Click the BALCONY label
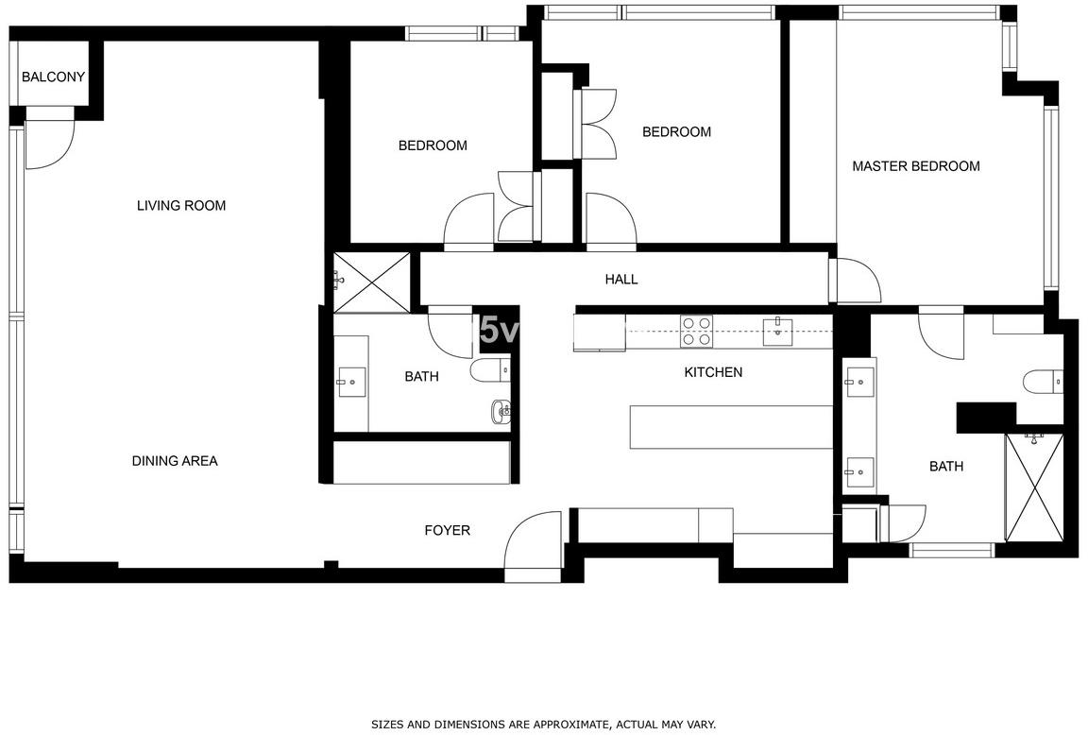tap(54, 77)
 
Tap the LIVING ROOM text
tap(181, 205)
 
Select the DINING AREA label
tap(175, 461)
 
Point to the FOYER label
tap(448, 530)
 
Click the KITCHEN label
tap(713, 372)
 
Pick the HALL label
tap(621, 279)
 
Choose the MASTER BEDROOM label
tap(916, 166)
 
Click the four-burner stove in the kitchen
tap(696, 331)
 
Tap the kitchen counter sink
tap(778, 331)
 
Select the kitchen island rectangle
tap(731, 427)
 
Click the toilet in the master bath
tap(1043, 382)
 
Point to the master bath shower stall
tap(1034, 487)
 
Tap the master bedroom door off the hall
tap(858, 282)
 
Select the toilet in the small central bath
tap(490, 370)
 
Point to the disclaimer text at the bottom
tap(543, 725)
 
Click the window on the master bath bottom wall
tap(953, 551)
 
